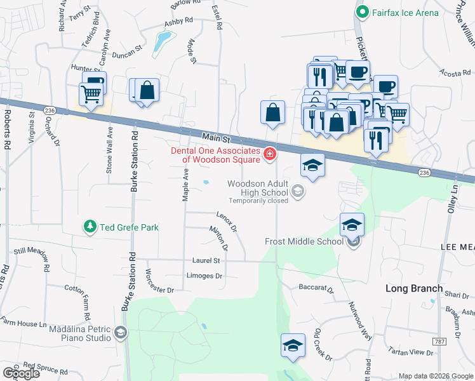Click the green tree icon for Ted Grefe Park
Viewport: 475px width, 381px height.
[x=90, y=226]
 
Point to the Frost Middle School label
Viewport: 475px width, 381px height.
[x=304, y=241]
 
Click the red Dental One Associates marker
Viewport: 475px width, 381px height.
[x=270, y=154]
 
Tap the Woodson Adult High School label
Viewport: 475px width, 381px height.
[x=258, y=188]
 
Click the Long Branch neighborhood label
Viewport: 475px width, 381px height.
[x=414, y=288]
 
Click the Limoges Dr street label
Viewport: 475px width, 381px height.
[x=204, y=276]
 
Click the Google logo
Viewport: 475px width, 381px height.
[x=21, y=373]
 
